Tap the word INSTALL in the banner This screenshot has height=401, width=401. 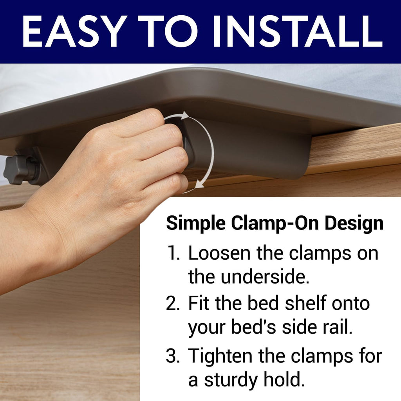pyautogui.click(x=298, y=31)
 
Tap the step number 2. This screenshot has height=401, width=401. pyautogui.click(x=173, y=303)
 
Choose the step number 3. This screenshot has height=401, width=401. pyautogui.click(x=173, y=356)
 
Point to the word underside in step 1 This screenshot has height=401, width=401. pyautogui.click(x=265, y=277)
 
